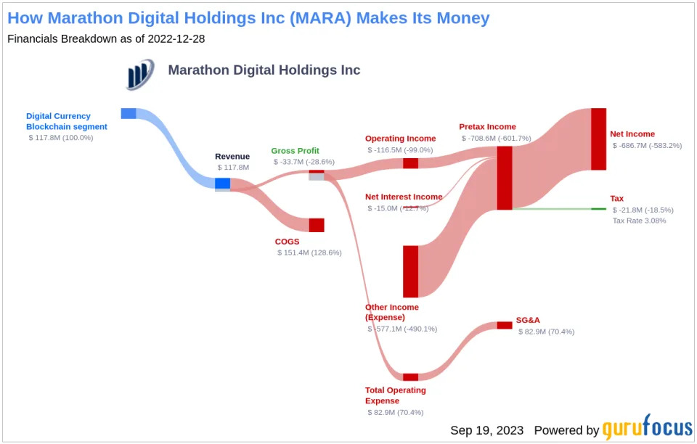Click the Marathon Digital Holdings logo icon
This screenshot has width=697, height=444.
(139, 74)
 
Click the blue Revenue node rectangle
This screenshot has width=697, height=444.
(222, 184)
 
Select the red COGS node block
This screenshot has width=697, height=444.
(317, 225)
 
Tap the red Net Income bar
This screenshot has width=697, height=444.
(598, 139)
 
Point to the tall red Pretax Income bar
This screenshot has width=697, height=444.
(505, 178)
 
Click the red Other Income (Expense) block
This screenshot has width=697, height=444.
(411, 271)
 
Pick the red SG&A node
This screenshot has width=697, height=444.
(505, 325)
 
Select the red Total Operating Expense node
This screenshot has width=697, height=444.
(411, 377)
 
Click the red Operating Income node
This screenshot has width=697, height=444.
(411, 163)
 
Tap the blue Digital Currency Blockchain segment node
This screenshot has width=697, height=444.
(129, 113)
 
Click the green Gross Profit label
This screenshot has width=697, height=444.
(295, 151)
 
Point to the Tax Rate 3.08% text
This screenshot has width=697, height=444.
(639, 221)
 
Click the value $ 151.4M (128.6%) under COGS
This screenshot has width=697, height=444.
(309, 252)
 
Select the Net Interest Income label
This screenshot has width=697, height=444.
(404, 197)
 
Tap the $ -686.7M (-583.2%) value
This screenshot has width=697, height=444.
(647, 145)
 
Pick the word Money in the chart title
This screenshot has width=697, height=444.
(456, 17)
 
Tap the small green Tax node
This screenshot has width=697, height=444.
(598, 209)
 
